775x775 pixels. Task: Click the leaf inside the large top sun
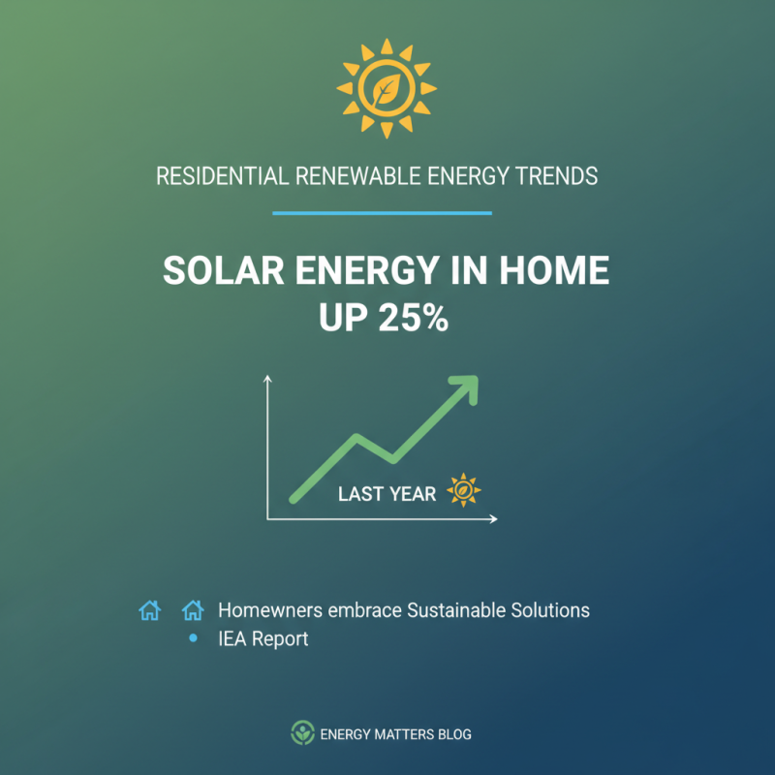pyautogui.click(x=387, y=89)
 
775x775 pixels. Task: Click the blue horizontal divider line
pyautogui.click(x=382, y=213)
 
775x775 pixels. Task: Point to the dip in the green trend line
pyautogui.click(x=390, y=455)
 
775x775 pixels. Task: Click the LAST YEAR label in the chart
pyautogui.click(x=387, y=494)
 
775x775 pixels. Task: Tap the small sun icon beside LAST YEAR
pyautogui.click(x=464, y=491)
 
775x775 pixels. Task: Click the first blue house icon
pyautogui.click(x=149, y=610)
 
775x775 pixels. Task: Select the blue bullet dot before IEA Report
pyautogui.click(x=193, y=638)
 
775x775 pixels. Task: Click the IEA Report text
pyautogui.click(x=263, y=639)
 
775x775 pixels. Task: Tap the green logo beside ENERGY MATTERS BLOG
pyautogui.click(x=303, y=733)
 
